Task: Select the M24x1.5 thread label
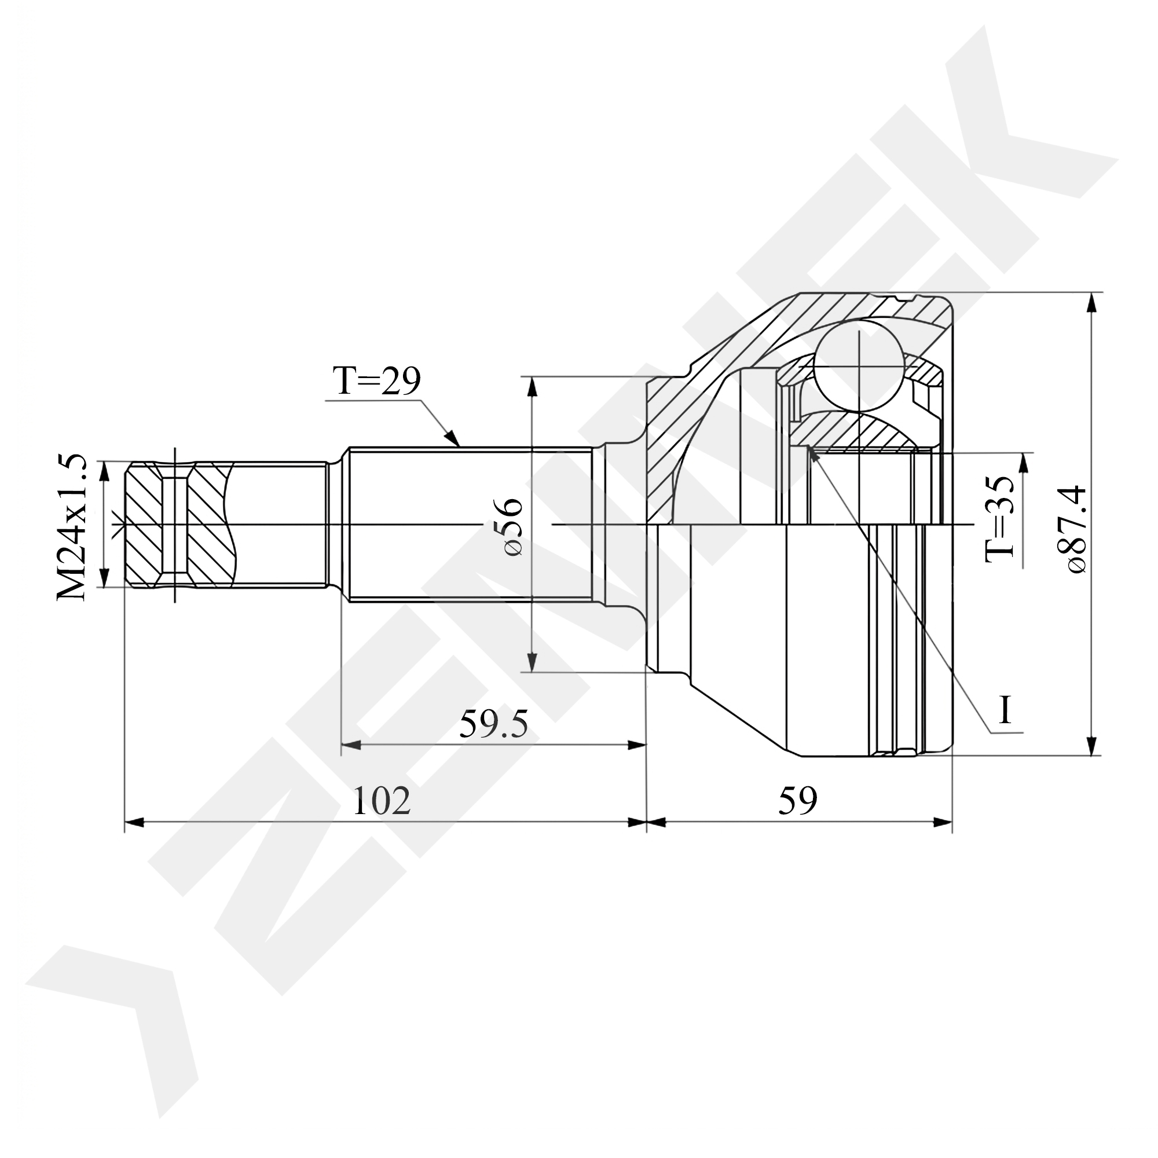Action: pyautogui.click(x=72, y=527)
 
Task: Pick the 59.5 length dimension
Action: pyautogui.click(x=493, y=725)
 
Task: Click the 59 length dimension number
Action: pyautogui.click(x=798, y=801)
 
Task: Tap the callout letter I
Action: pyautogui.click(x=1005, y=712)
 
